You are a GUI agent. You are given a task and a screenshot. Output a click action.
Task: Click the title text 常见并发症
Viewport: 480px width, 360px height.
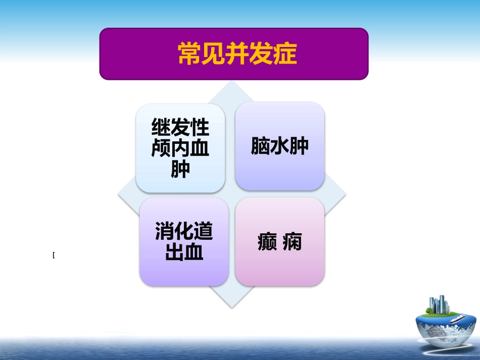click(237, 54)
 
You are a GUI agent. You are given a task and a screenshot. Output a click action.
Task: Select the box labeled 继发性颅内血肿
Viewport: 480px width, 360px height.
click(180, 148)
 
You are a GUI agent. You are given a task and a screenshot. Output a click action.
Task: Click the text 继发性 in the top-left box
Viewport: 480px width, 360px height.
click(180, 128)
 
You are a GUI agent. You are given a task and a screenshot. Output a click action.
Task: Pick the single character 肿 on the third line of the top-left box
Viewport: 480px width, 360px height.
click(180, 169)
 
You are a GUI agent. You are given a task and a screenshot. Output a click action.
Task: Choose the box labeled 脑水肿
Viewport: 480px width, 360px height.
click(279, 146)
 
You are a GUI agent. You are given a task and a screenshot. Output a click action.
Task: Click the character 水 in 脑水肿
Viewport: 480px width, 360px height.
click(279, 146)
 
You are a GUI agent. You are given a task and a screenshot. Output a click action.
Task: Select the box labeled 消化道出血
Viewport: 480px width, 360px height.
click(184, 242)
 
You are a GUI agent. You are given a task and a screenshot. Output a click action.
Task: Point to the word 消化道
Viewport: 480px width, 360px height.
click(184, 232)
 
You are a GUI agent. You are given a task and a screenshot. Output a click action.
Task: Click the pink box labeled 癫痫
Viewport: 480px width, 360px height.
click(279, 242)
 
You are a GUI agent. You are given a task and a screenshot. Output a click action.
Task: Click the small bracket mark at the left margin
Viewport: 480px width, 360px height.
click(54, 255)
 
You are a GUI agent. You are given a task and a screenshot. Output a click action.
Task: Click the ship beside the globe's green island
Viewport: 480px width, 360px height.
click(455, 318)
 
